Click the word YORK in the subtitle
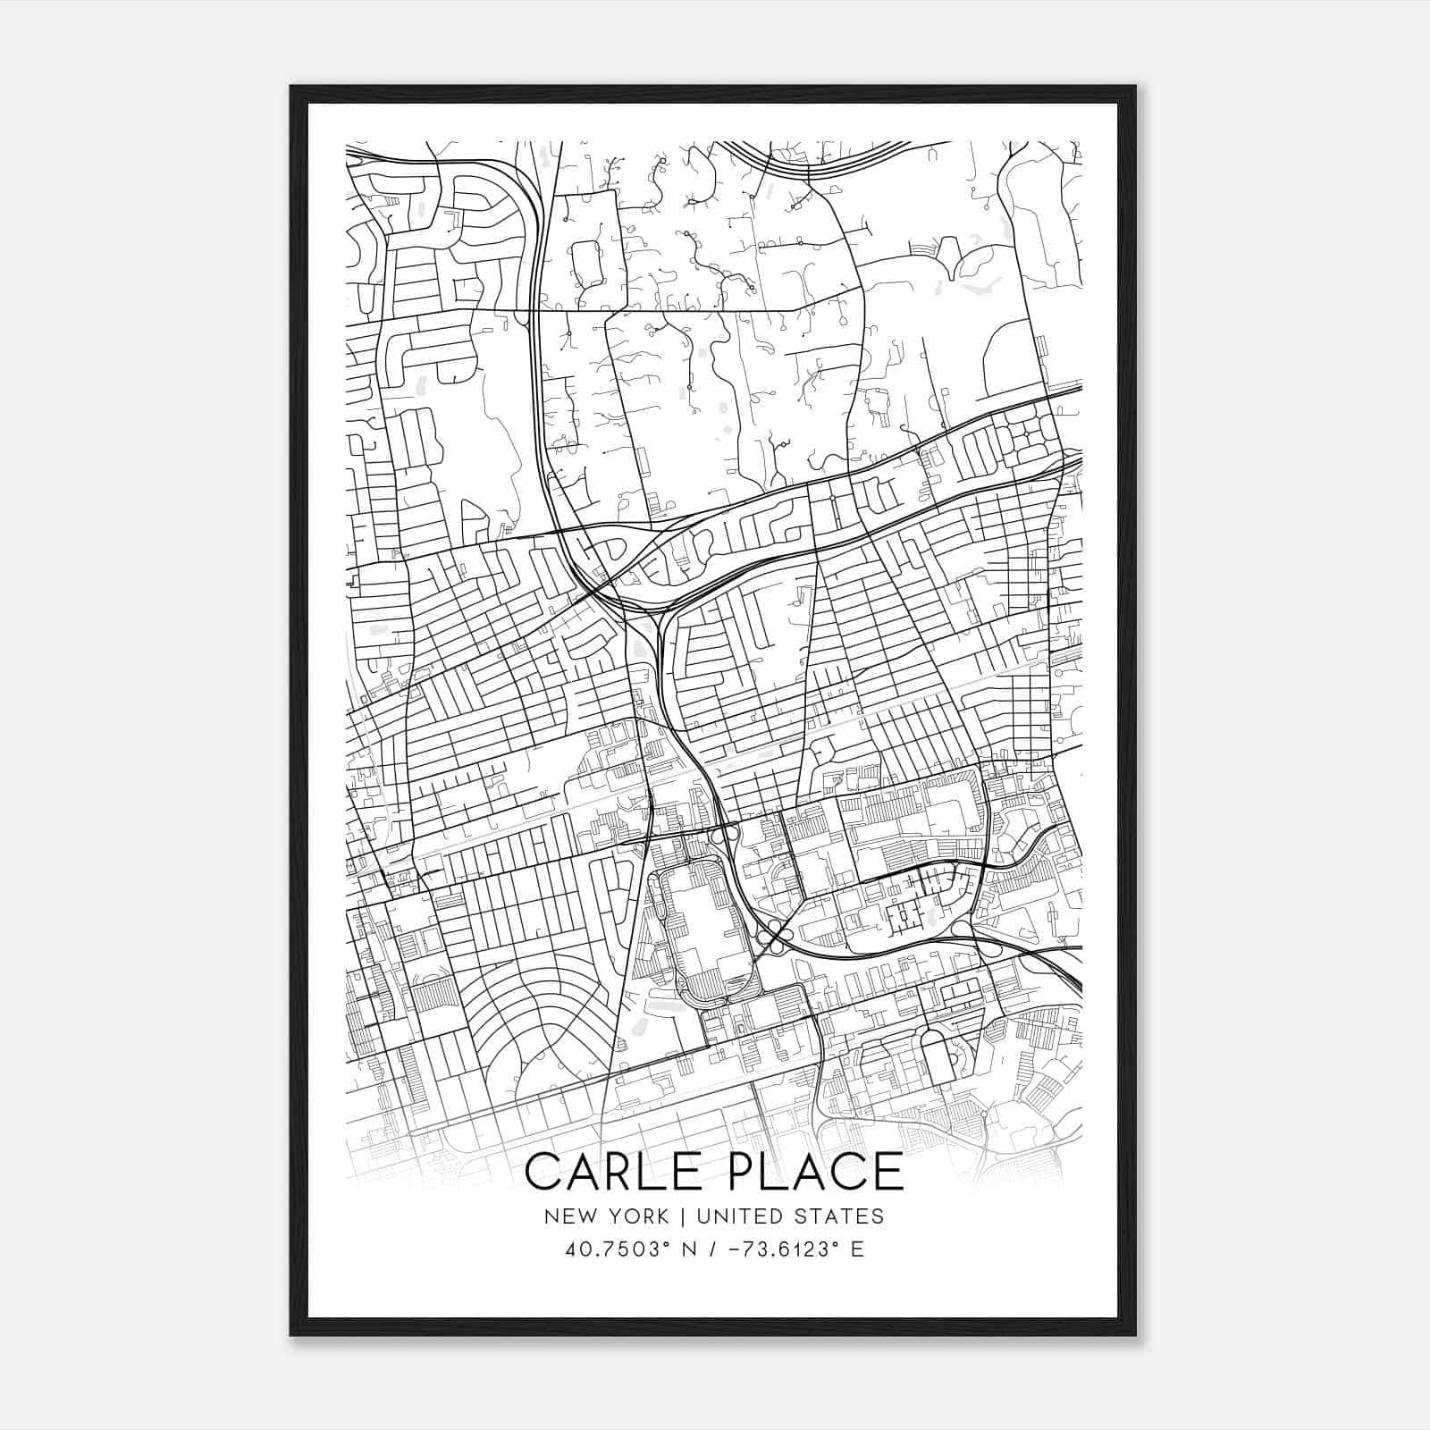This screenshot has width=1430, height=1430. [638, 1216]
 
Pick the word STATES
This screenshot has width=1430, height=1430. [839, 1216]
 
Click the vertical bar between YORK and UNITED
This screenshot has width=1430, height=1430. [683, 1216]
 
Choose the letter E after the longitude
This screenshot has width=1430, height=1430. [857, 1249]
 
